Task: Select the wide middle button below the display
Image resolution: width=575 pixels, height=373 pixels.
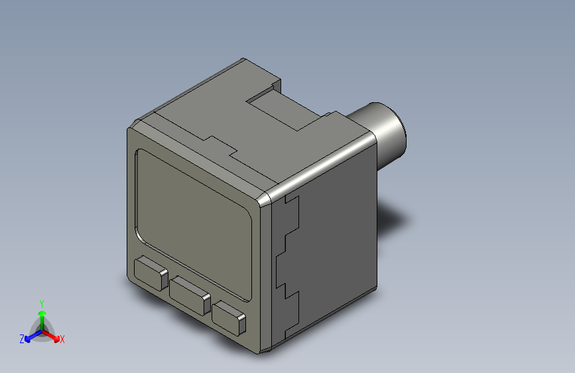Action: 190,293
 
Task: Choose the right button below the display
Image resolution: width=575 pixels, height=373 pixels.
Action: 229,316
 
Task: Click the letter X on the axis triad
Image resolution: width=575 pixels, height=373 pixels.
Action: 62,340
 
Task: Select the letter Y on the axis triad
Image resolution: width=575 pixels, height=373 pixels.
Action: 41,302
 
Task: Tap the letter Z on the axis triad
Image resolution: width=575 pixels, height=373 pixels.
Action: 22,338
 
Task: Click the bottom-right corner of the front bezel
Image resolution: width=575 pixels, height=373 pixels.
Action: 261,348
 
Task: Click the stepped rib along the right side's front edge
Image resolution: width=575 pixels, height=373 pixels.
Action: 288,265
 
